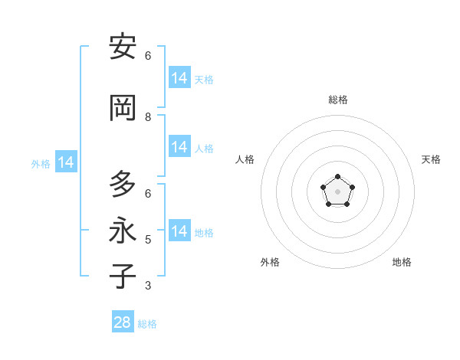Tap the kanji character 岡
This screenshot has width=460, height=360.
[x=123, y=107]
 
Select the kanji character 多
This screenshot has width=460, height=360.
[x=123, y=185]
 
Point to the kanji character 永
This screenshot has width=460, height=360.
[x=123, y=231]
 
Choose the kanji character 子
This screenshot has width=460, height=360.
[x=123, y=276]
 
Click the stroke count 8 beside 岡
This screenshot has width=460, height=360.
[x=148, y=117]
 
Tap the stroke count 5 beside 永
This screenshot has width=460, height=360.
[x=148, y=240]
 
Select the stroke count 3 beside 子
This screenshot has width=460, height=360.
[x=148, y=286]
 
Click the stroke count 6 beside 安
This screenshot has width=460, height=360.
[x=148, y=56]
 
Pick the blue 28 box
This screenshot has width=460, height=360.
[x=123, y=322]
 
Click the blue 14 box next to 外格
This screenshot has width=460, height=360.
[x=65, y=162]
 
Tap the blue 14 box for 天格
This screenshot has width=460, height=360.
[x=179, y=78]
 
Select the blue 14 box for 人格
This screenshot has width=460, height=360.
[x=179, y=147]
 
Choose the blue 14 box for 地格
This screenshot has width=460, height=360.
[x=179, y=231]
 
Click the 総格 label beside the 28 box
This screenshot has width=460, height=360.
[x=147, y=324]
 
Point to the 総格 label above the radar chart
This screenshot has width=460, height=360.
[x=337, y=100]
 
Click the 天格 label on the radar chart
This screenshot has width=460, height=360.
[x=431, y=159]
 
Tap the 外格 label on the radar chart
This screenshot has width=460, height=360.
[x=270, y=262]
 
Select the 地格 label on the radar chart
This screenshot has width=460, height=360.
[x=402, y=262]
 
